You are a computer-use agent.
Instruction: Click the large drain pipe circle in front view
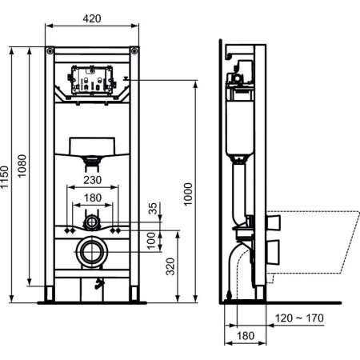pyautogui.click(x=93, y=252)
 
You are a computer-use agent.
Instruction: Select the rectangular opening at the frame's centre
pyautogui.click(x=94, y=146)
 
